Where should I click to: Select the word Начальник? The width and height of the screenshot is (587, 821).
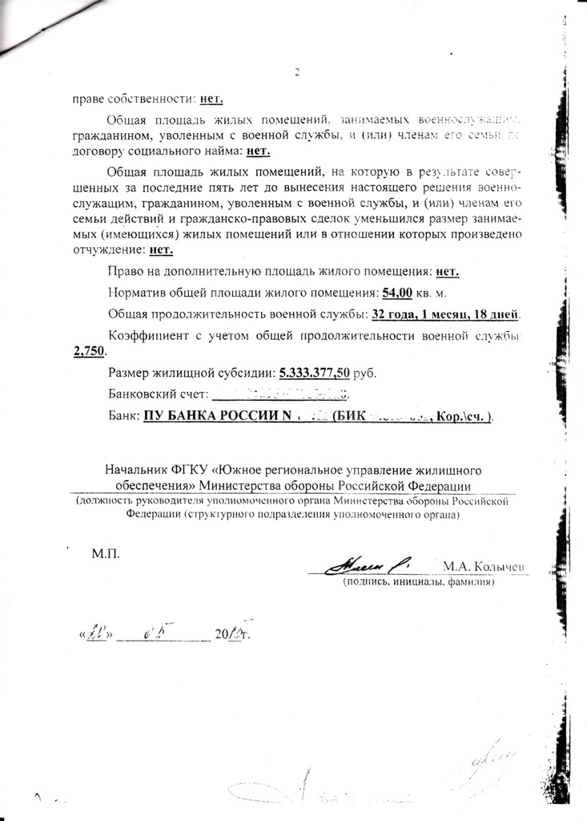(135, 470)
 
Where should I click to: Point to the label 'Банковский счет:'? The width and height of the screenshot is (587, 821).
(155, 394)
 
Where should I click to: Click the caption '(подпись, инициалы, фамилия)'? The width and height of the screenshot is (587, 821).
(419, 582)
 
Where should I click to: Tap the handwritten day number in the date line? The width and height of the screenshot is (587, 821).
(99, 633)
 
